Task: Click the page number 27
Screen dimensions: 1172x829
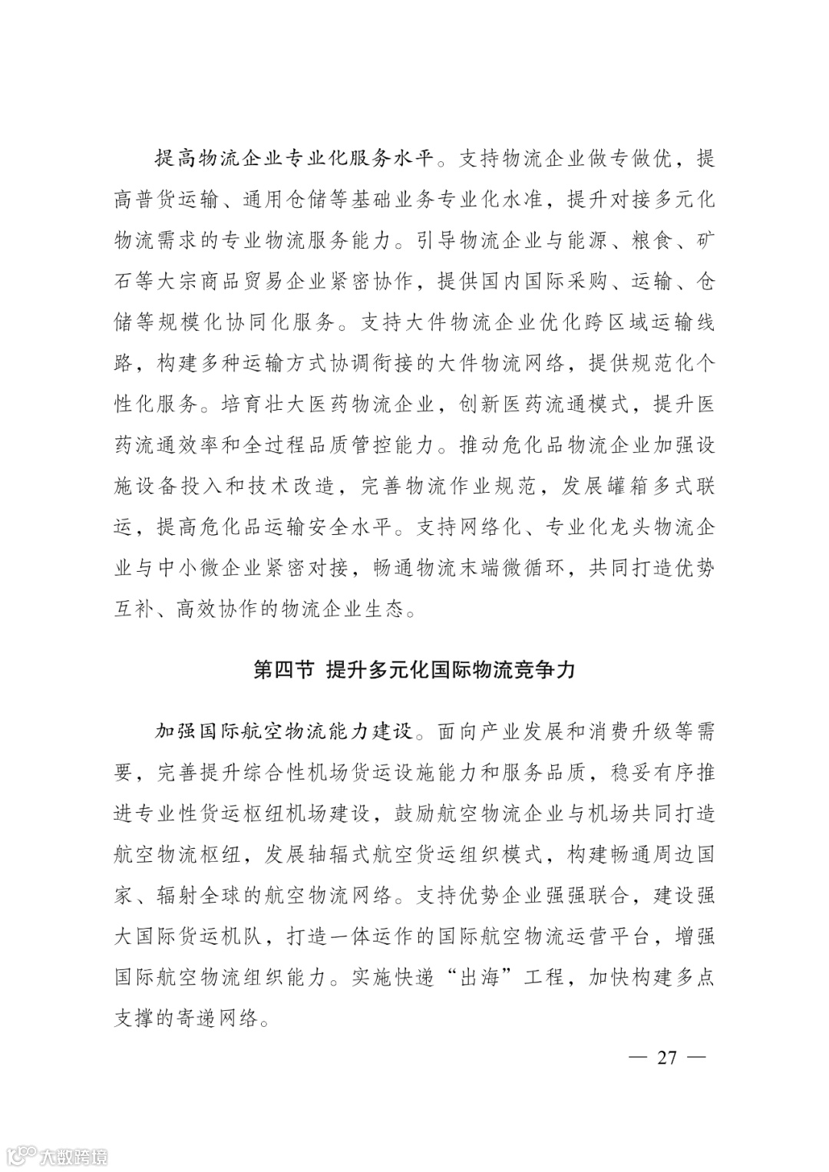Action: pos(667,1058)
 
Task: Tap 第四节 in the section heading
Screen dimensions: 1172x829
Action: pos(283,670)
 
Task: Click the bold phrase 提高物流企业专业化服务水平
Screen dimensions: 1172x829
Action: pos(295,159)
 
